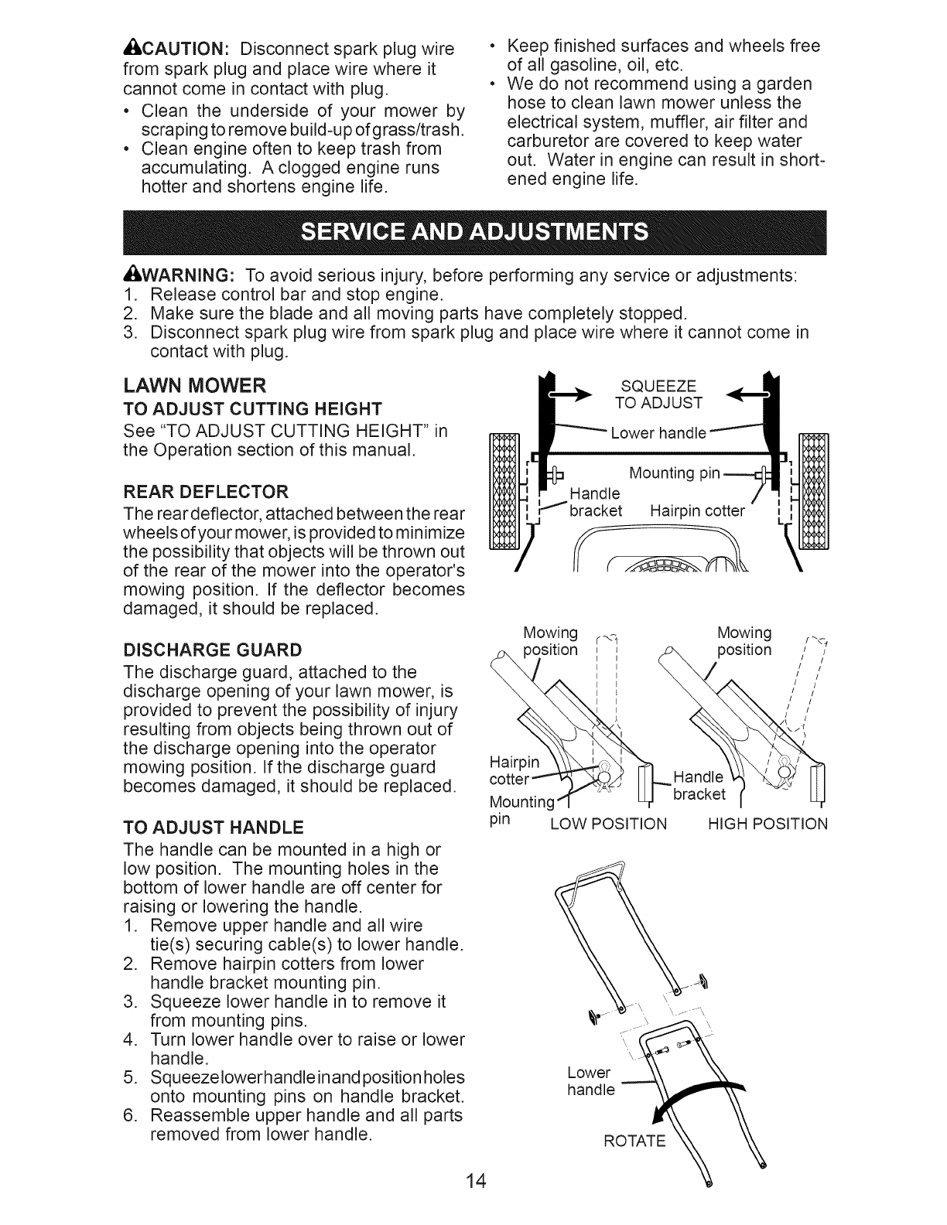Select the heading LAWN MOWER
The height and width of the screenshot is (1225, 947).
[x=195, y=385]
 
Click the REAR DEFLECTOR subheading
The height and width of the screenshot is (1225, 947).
[x=207, y=491]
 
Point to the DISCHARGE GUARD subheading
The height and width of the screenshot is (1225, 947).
[x=213, y=648]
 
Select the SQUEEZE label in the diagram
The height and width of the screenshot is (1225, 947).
[x=659, y=387]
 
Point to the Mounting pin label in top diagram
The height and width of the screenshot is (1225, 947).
[x=675, y=473]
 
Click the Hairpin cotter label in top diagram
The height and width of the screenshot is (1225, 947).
[x=697, y=511]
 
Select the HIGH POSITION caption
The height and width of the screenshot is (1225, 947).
[x=768, y=824]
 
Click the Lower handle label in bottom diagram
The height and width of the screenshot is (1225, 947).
[x=590, y=1081]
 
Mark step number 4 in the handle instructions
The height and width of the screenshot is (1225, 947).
[x=129, y=1039]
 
